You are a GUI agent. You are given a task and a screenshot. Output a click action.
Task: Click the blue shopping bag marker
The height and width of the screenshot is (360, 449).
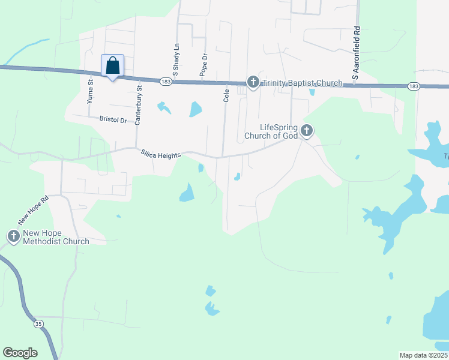coord(112,66)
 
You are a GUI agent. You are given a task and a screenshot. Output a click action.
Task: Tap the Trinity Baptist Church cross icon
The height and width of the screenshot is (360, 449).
coord(253,82)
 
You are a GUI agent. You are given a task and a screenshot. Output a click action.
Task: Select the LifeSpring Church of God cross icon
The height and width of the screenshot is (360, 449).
coord(307,130)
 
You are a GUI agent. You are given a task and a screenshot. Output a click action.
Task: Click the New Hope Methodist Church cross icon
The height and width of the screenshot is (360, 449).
coord(13,237)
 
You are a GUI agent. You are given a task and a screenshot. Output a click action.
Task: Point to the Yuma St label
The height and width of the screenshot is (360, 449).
coord(91,92)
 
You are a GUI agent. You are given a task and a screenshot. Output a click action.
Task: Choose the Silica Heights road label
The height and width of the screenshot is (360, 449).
coord(161,155)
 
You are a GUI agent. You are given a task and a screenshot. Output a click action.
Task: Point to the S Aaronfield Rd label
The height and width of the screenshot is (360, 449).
coord(356,53)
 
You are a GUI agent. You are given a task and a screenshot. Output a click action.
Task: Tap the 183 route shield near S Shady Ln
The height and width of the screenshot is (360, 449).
coord(166,81)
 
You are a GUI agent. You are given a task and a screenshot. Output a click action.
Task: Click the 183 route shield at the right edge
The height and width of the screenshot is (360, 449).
coord(413,86)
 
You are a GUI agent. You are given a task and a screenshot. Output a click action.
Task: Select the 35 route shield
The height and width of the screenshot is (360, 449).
coord(38,324)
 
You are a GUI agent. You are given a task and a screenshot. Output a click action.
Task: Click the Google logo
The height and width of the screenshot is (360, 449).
coord(20,353)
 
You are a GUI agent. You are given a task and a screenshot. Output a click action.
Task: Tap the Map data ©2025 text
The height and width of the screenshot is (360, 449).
coord(423,355)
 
